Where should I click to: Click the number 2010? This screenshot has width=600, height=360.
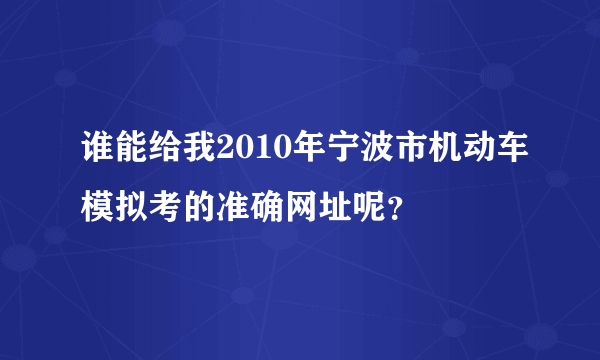[243, 151]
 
